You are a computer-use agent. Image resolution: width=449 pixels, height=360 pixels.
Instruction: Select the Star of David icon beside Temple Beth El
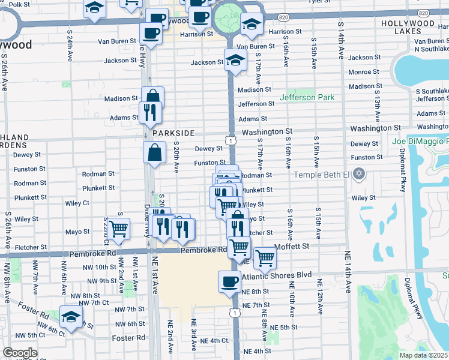coord(359,175)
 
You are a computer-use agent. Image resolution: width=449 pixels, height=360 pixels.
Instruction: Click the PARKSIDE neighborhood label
coord(173,133)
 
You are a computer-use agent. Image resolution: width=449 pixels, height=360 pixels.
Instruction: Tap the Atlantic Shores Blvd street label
coord(279,275)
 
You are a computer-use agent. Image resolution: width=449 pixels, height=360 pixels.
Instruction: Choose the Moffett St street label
coord(291,246)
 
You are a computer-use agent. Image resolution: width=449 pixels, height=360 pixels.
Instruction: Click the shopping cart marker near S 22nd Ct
coord(119,228)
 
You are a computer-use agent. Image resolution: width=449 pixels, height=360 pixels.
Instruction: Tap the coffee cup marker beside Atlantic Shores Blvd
coord(228,281)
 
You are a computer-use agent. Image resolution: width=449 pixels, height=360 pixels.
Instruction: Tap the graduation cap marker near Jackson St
coord(235,60)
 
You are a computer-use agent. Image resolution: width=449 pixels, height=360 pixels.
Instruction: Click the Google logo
coord(20,353)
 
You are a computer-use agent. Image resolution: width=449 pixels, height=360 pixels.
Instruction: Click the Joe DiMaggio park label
coord(420,142)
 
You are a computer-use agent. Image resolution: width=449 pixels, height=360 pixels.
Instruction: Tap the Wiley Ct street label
coord(77,203)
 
